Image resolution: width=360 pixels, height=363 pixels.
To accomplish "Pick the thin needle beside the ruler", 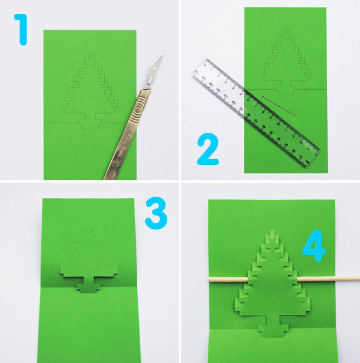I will tap(278, 106).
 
